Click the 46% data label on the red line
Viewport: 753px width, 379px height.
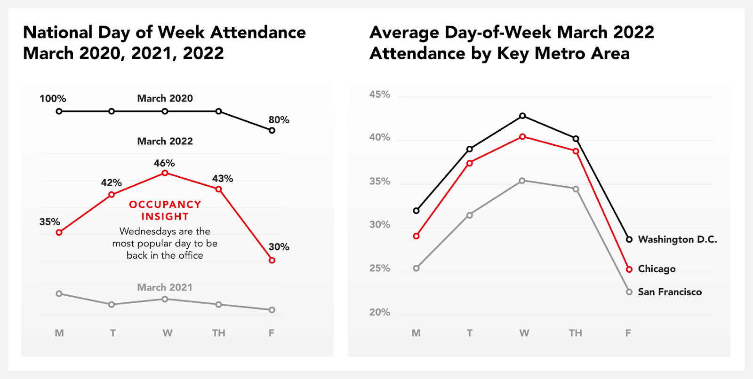[164, 163]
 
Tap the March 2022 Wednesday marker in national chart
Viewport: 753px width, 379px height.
[165, 173]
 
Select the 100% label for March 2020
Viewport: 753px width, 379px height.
[53, 99]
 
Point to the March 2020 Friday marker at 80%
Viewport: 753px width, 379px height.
[272, 130]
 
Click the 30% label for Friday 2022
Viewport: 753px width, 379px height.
[279, 247]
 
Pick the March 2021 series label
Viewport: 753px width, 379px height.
[165, 287]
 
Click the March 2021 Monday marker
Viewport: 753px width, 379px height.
[59, 294]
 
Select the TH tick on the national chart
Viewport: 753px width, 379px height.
[218, 333]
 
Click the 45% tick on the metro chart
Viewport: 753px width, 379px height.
[380, 95]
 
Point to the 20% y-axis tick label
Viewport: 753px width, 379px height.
[380, 312]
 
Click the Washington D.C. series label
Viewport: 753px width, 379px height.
[677, 239]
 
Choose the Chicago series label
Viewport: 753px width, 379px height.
[657, 269]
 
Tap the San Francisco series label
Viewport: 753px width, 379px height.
[669, 292]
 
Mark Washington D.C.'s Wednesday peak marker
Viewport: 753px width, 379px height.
[522, 116]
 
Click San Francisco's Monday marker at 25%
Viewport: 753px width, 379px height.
[416, 268]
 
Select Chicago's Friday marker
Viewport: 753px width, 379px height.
[629, 269]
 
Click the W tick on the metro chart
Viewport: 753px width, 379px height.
[524, 333]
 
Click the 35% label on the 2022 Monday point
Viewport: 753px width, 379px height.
[49, 222]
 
